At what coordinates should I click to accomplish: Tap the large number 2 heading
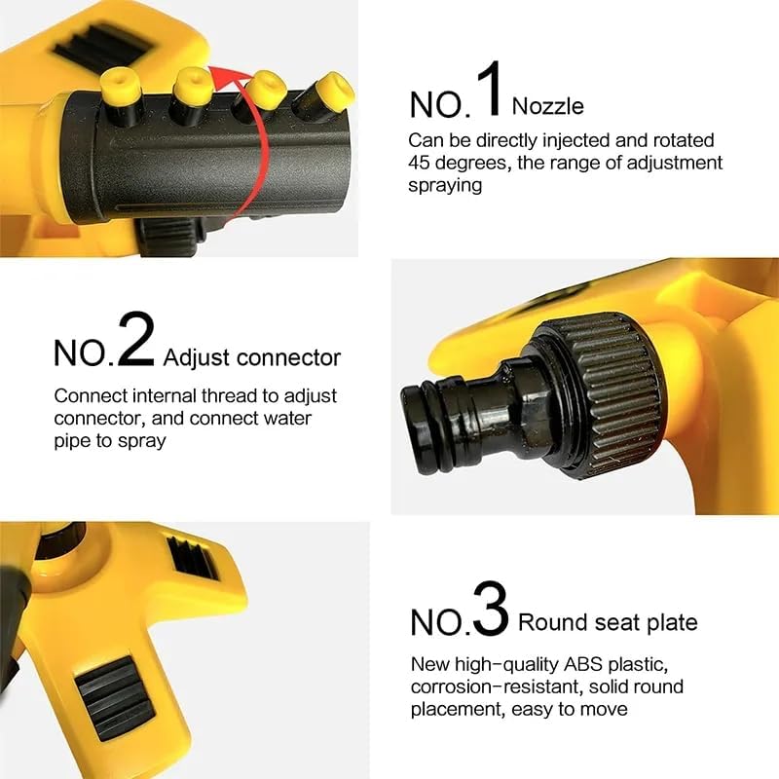[x=136, y=341]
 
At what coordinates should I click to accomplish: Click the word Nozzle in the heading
[x=547, y=105]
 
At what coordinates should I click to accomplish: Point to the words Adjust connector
[x=252, y=357]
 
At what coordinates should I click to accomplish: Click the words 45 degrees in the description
[x=457, y=163]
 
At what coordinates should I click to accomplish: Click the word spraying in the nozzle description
[x=445, y=184]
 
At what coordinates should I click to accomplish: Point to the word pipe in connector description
[x=73, y=440]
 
